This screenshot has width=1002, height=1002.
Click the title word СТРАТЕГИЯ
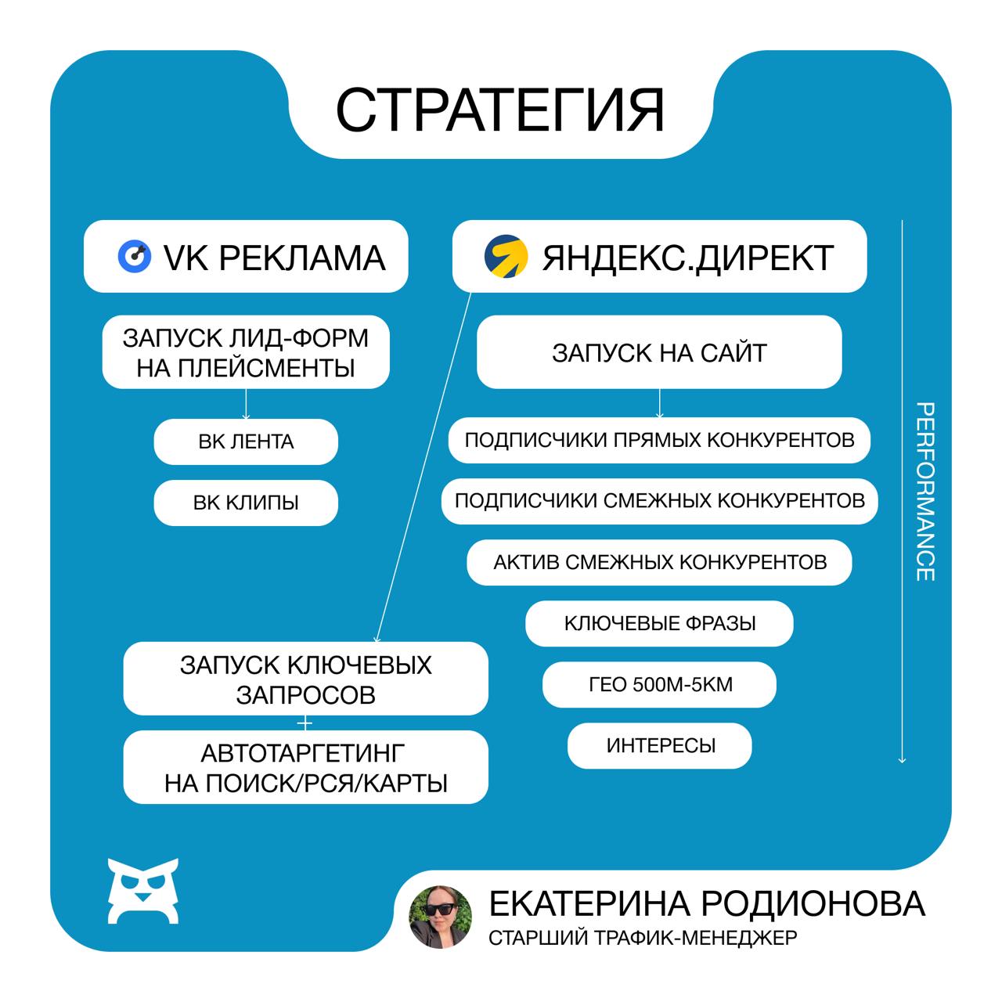500,110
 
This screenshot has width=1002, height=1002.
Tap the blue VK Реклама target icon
134,256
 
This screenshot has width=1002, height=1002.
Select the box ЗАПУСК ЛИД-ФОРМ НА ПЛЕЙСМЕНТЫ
246,352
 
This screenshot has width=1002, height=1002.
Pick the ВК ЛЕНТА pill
246,442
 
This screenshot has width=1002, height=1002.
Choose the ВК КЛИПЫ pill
246,503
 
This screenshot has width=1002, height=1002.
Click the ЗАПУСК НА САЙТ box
659,352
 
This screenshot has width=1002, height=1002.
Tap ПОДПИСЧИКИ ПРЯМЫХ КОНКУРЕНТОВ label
659,440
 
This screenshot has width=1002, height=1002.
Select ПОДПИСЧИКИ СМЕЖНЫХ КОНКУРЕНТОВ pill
659,501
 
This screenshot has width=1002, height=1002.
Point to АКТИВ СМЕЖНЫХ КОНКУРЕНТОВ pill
659,562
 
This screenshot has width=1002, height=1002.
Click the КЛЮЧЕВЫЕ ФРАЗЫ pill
659,623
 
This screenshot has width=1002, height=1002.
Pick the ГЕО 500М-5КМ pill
659,684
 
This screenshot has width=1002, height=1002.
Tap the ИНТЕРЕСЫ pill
659,745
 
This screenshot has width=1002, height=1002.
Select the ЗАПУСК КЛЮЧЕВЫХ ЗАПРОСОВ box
305,679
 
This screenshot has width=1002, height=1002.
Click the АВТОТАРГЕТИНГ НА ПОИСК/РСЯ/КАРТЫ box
305,767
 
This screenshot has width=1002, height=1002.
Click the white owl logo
143,890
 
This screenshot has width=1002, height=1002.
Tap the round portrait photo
441,917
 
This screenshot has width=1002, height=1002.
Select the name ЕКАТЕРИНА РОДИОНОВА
707,903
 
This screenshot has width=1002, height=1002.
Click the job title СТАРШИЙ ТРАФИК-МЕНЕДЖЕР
642,937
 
